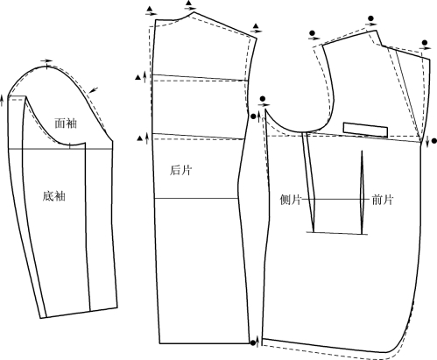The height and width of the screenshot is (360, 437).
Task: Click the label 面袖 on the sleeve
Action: tap(66, 124)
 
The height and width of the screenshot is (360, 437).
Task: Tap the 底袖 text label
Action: tap(53, 196)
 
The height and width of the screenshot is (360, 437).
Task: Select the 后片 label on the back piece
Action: tap(181, 170)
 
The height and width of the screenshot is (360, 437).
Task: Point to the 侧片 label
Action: tap(291, 200)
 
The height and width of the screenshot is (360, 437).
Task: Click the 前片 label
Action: tap(383, 200)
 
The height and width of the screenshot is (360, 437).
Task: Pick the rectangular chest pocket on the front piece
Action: tap(365, 130)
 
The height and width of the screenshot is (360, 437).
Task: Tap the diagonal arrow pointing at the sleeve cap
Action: tap(94, 90)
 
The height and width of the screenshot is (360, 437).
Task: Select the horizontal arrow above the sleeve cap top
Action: tap(46, 60)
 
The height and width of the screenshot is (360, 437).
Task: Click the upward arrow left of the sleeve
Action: tap(2, 101)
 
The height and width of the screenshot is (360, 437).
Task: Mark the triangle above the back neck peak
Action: tap(189, 4)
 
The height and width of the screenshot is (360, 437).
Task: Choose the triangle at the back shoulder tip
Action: tap(256, 25)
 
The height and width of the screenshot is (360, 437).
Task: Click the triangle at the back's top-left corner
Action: tap(150, 9)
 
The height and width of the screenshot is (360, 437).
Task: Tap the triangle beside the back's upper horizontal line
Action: tap(137, 77)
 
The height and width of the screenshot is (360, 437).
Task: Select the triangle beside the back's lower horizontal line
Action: tap(140, 138)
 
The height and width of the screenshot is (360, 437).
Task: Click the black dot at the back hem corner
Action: tap(253, 342)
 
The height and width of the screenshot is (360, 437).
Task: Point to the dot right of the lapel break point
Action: tap(434, 141)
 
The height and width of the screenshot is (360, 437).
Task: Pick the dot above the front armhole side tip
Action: tap(263, 99)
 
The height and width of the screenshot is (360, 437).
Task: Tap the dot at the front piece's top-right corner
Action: tap(425, 43)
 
